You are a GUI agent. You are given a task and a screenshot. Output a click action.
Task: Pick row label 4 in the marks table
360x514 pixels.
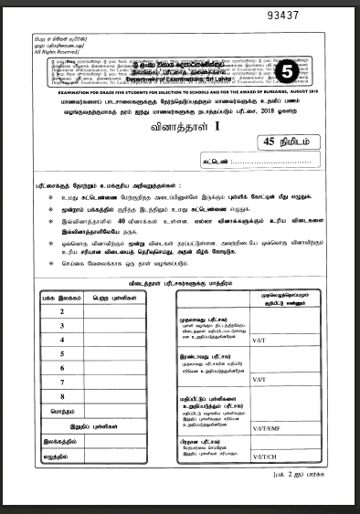click(x=60, y=341)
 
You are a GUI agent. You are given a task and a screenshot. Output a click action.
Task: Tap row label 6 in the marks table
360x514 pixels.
click(x=60, y=369)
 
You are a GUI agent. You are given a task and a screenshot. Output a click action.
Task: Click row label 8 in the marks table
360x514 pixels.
click(x=60, y=397)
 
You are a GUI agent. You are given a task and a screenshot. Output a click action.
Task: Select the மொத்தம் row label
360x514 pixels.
click(x=60, y=412)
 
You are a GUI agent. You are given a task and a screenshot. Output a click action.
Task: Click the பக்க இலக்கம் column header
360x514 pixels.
click(x=60, y=298)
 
